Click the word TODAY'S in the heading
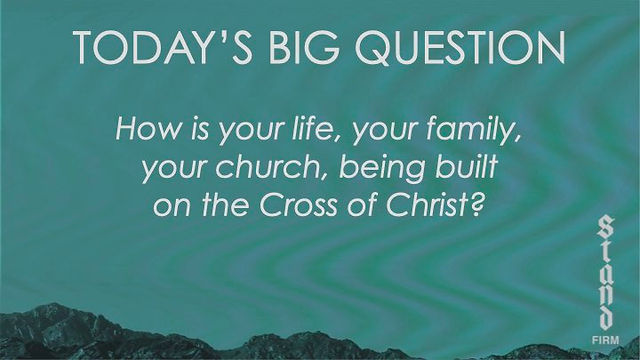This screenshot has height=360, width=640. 162,47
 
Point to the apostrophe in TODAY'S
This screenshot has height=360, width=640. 216,36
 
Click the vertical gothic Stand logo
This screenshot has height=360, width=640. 605,272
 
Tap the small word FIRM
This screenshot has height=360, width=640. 605,340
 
